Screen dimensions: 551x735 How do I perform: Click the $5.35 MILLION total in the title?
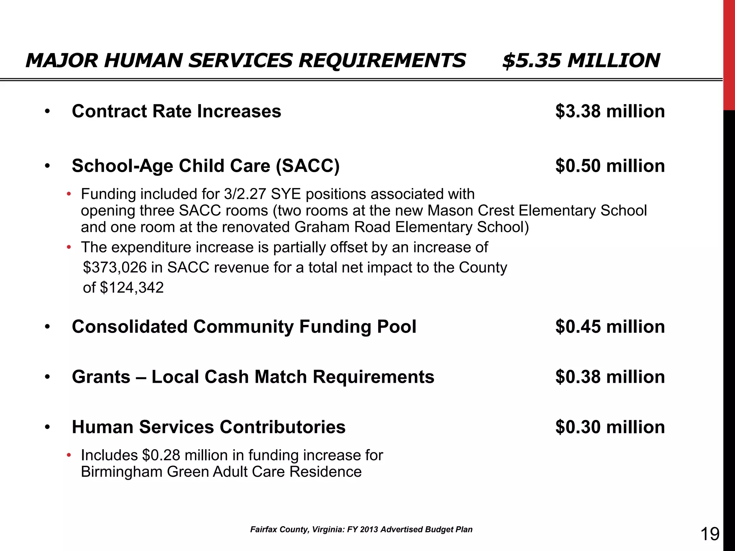pyautogui.click(x=581, y=60)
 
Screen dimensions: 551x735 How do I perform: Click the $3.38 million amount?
pyautogui.click(x=610, y=111)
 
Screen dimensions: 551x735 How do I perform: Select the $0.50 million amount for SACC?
pyautogui.click(x=610, y=166)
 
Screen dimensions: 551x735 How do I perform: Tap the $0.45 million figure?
pyautogui.click(x=610, y=327)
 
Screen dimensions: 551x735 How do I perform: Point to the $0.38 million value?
pyautogui.click(x=610, y=377)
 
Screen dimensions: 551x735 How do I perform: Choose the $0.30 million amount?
pyautogui.click(x=610, y=427)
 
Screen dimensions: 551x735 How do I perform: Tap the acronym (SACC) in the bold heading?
pyautogui.click(x=308, y=166)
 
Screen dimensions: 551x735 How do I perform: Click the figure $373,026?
pyautogui.click(x=115, y=268)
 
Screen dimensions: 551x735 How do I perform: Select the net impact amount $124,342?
pyautogui.click(x=132, y=288)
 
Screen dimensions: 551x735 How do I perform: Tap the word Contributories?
pyautogui.click(x=282, y=427)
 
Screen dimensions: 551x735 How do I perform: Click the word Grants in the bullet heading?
pyautogui.click(x=101, y=377)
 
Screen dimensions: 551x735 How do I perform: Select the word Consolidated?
pyautogui.click(x=130, y=327)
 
